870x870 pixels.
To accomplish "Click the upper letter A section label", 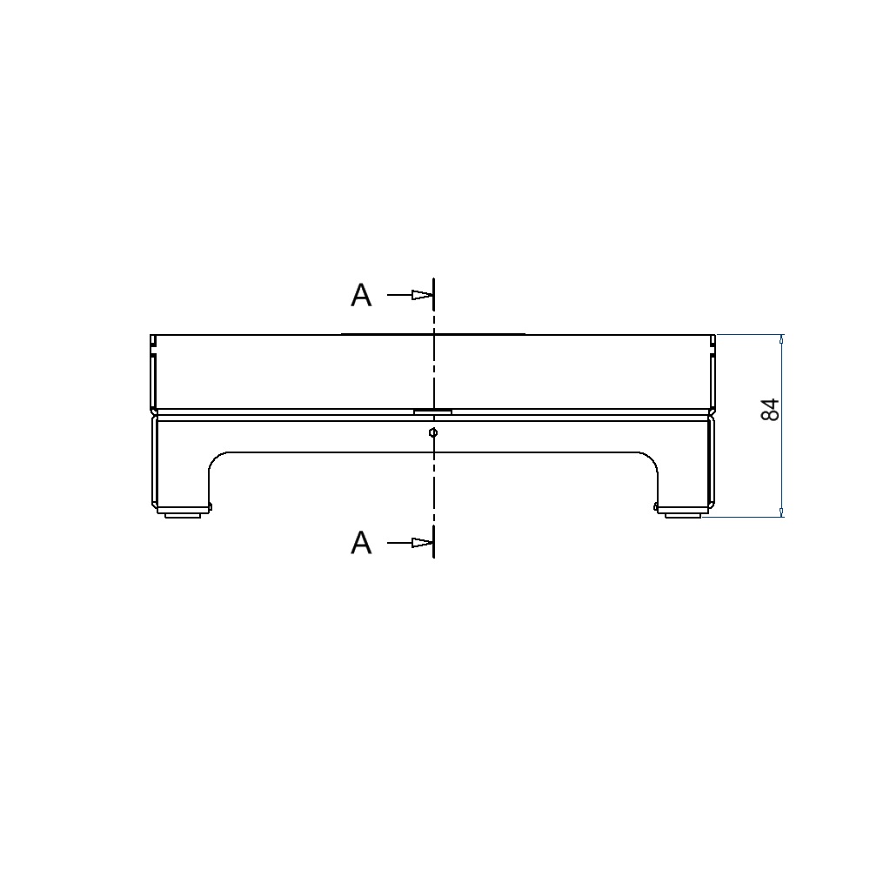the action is (x=361, y=295).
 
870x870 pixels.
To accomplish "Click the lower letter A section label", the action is (x=361, y=543).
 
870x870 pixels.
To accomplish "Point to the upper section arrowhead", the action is (x=422, y=295).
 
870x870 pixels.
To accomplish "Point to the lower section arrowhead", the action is (x=422, y=543).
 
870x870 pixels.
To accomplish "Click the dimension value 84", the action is (x=770, y=410).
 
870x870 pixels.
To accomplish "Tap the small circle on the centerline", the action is (x=433, y=432).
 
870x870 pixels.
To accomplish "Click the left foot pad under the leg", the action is (x=183, y=515).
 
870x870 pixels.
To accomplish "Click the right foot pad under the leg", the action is (x=684, y=515).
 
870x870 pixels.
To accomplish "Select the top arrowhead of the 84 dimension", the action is (x=782, y=339).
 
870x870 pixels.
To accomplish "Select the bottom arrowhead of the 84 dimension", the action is (x=782, y=512).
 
